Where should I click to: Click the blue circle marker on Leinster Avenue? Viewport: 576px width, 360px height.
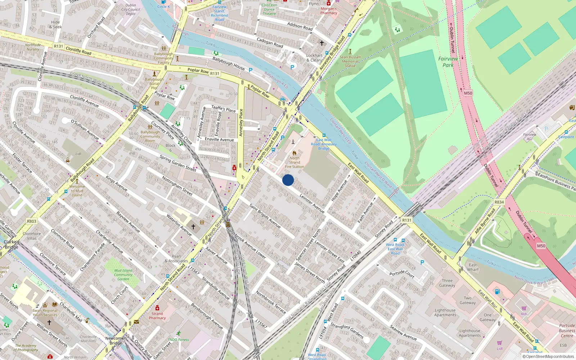click(288, 180)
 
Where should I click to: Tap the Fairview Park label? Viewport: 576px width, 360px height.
click(448, 62)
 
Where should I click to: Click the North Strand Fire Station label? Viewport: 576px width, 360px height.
click(294, 162)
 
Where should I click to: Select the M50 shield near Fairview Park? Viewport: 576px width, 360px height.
click(468, 93)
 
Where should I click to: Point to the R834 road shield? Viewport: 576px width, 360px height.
click(499, 202)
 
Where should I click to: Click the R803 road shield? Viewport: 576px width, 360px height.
click(32, 221)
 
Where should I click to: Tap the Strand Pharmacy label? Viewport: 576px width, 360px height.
click(157, 316)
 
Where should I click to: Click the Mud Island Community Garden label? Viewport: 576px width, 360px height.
click(123, 275)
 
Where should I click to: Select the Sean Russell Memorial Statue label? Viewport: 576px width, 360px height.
click(350, 61)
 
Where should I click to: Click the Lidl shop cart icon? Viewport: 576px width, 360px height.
click(499, 343)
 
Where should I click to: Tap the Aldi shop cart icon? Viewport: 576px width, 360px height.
click(524, 308)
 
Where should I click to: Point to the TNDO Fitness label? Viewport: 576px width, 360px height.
click(178, 339)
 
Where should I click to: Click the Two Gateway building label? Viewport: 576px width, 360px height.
click(468, 300)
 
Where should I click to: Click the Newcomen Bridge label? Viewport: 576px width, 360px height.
click(116, 341)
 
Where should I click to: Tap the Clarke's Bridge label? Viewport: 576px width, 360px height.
click(12, 244)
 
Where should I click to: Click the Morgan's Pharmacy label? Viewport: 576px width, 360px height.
click(329, 10)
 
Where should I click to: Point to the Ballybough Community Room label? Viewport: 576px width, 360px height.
click(150, 136)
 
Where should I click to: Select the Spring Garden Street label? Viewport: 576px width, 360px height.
click(178, 163)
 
